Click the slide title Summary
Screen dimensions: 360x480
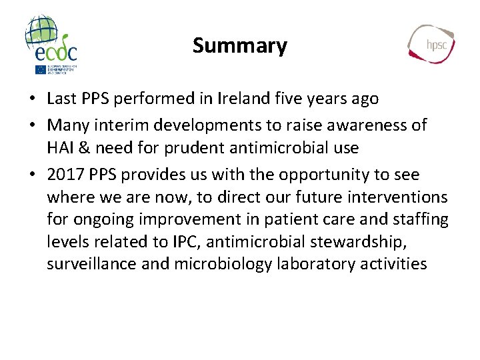[239, 45]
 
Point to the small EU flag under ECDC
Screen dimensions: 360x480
[41, 69]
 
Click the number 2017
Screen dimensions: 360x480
[65, 175]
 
